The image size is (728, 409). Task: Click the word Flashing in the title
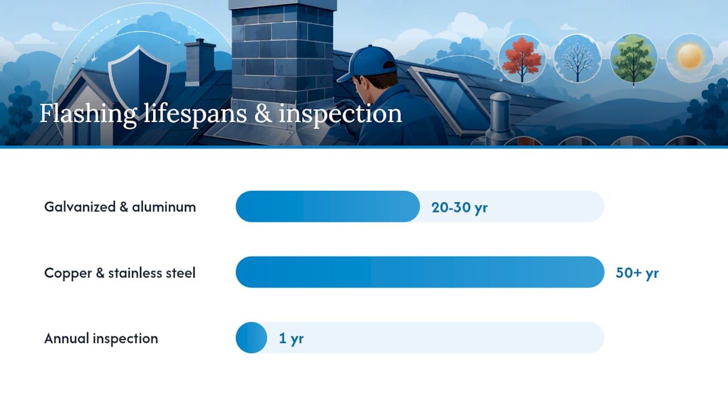tap(88, 114)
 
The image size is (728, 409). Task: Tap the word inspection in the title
tap(340, 114)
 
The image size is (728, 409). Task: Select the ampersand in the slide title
tap(263, 113)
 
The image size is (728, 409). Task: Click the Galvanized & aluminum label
tap(120, 207)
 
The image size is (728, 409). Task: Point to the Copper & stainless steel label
tap(119, 273)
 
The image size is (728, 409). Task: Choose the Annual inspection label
tap(101, 339)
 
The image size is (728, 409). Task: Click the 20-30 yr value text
tap(460, 207)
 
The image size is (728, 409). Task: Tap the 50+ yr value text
tap(638, 273)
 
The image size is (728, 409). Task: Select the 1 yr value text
tap(291, 339)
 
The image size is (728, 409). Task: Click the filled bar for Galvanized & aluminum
tap(328, 206)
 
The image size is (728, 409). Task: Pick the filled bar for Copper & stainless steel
tap(420, 272)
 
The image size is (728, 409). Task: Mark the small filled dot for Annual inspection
tap(251, 337)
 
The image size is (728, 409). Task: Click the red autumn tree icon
tap(522, 59)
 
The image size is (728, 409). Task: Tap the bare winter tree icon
tap(577, 59)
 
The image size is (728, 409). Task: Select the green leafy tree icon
tap(634, 59)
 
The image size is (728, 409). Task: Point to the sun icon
tap(690, 56)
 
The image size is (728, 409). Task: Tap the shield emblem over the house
tap(139, 82)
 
